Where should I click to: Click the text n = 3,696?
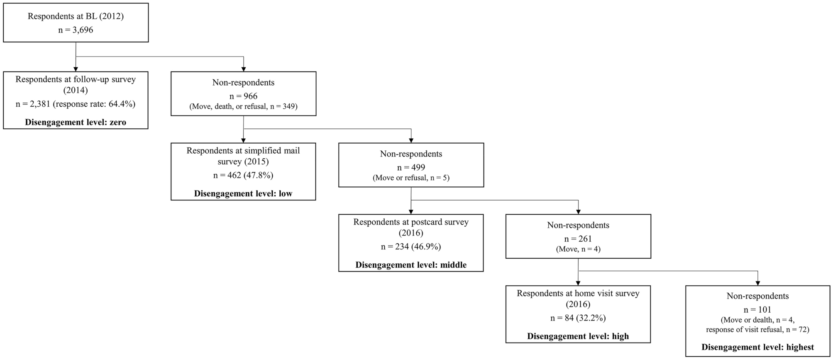pyautogui.click(x=76, y=29)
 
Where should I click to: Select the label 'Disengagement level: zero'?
pyautogui.click(x=76, y=122)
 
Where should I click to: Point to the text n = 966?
pyautogui.click(x=243, y=96)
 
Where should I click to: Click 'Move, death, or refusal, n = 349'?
pyautogui.click(x=243, y=106)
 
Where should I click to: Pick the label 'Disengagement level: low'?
pyautogui.click(x=243, y=193)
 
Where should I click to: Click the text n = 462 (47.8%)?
pyautogui.click(x=243, y=175)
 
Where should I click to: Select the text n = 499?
pyautogui.click(x=411, y=167)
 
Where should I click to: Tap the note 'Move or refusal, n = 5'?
pyautogui.click(x=411, y=178)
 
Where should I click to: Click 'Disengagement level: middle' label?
pyautogui.click(x=411, y=265)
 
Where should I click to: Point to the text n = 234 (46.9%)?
pyautogui.click(x=411, y=247)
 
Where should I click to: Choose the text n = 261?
pyautogui.click(x=578, y=239)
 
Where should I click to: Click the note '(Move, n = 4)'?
pyautogui.click(x=578, y=249)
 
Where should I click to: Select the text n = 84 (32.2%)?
pyautogui.click(x=578, y=318)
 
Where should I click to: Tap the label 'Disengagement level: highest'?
pyautogui.click(x=758, y=347)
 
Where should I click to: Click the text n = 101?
pyautogui.click(x=758, y=310)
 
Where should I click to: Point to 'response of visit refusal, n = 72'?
pyautogui.click(x=758, y=330)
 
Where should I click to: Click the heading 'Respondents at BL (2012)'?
pyautogui.click(x=76, y=17)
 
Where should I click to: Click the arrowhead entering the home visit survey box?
pyautogui.click(x=578, y=283)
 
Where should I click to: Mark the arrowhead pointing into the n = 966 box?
pyautogui.click(x=243, y=69)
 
